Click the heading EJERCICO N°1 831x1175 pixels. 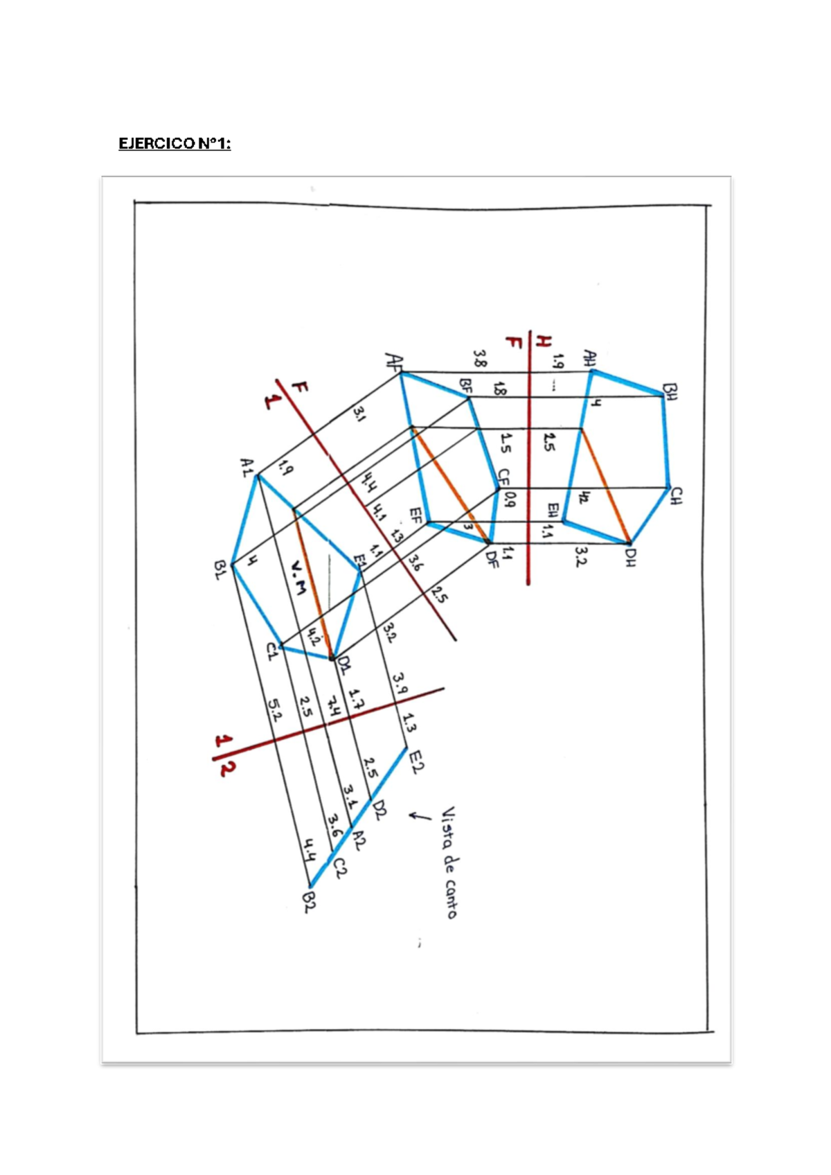[x=175, y=144]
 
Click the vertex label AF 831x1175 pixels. [x=393, y=361]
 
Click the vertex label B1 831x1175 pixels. [x=221, y=572]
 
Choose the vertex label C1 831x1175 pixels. [x=271, y=652]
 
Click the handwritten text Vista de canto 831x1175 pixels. [x=449, y=862]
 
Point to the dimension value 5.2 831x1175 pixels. [x=275, y=710]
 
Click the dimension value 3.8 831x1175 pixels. [x=479, y=358]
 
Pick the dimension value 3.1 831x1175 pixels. [x=359, y=414]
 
